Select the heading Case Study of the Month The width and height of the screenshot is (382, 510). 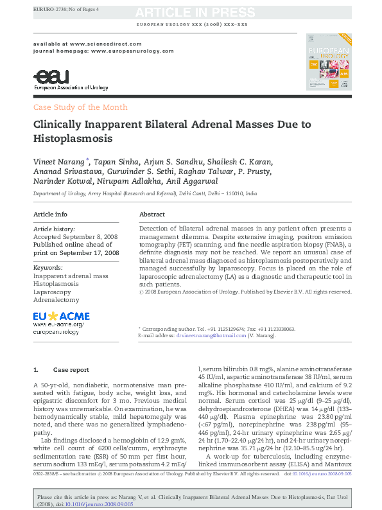[x=80, y=107]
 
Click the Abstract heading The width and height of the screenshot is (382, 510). [x=152, y=214]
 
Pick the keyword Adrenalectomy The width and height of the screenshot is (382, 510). [x=56, y=300]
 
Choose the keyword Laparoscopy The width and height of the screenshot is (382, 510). [x=53, y=292]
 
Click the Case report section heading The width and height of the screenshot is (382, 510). [x=71, y=370]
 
